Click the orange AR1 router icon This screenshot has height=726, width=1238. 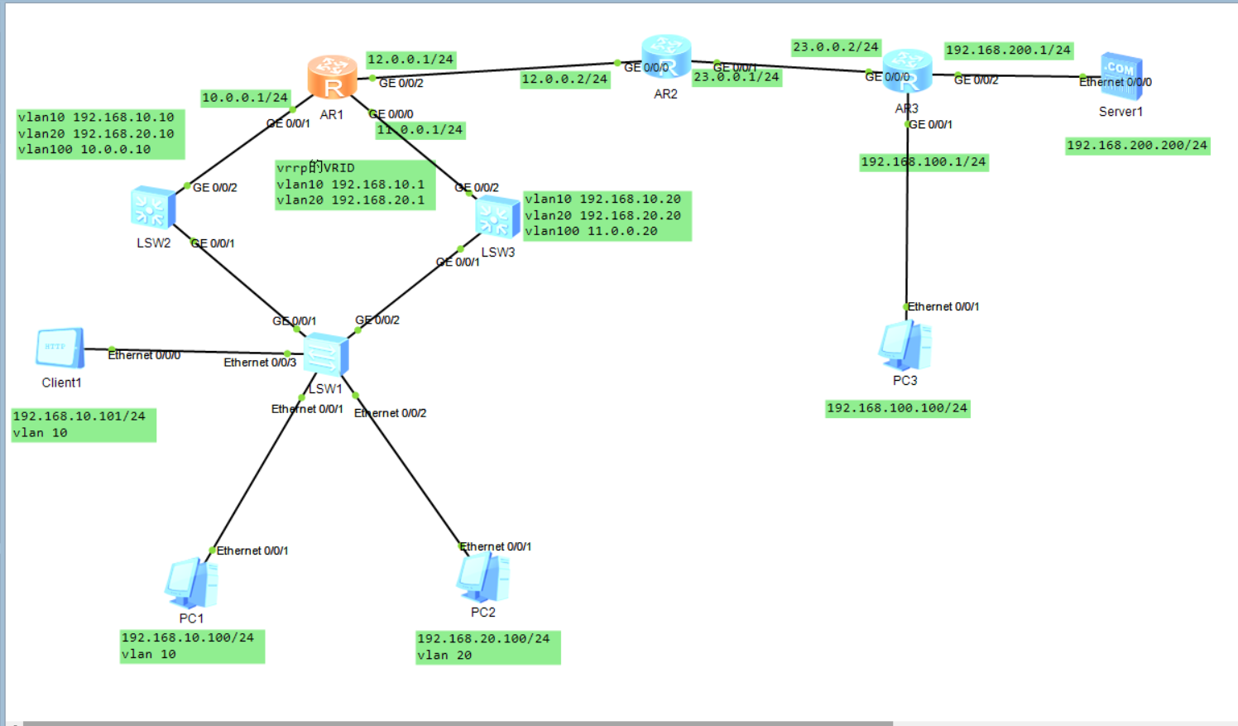point(332,77)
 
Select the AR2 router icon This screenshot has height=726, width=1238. point(665,56)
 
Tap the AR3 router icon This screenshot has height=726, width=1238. point(907,70)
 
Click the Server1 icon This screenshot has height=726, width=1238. point(1121,76)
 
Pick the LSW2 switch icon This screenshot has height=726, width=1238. point(153,207)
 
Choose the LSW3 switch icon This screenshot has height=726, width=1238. point(497,217)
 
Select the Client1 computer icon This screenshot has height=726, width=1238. point(60,348)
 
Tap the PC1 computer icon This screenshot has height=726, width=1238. point(191,583)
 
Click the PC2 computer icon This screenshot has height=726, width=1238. point(482,577)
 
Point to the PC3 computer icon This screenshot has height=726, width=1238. point(905,345)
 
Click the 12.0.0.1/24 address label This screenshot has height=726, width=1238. point(410,60)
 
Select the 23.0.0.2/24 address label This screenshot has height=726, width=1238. point(836,47)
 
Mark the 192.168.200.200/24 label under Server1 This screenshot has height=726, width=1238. point(1137,146)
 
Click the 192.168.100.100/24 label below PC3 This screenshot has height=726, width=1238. point(897,408)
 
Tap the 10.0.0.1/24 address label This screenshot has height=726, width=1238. point(245,98)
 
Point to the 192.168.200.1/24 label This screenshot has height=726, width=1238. point(1008,50)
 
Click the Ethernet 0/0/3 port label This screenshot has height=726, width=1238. point(260,363)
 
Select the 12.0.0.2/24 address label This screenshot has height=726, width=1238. point(564,79)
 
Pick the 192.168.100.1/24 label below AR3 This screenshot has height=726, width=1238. point(924,162)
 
